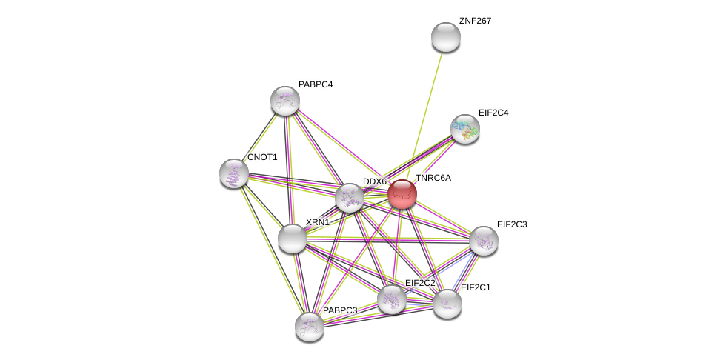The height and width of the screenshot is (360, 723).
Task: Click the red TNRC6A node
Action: (402, 194)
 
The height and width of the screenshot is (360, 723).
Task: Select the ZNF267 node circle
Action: (446, 37)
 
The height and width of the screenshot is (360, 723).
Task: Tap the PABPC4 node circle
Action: (285, 101)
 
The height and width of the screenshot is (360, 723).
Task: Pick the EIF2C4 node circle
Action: (465, 129)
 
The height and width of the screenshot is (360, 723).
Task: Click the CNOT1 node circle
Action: (234, 173)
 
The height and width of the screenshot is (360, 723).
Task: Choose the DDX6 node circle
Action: (350, 198)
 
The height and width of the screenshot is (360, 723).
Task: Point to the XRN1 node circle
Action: (293, 239)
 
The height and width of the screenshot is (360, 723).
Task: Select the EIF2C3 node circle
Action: (484, 241)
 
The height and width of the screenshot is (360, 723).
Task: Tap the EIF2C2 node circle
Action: (392, 299)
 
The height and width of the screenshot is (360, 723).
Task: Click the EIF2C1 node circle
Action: (447, 304)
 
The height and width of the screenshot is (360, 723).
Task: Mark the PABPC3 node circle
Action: (310, 327)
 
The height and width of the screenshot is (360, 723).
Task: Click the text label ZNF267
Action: (475, 21)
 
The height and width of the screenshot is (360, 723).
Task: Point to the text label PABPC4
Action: (316, 84)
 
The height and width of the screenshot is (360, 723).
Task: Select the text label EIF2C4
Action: (493, 113)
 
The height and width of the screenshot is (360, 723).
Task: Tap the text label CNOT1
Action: (262, 157)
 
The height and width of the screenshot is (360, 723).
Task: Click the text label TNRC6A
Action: (433, 178)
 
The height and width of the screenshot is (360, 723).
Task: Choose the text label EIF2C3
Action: (512, 224)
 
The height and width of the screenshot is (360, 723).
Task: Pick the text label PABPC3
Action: (340, 310)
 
